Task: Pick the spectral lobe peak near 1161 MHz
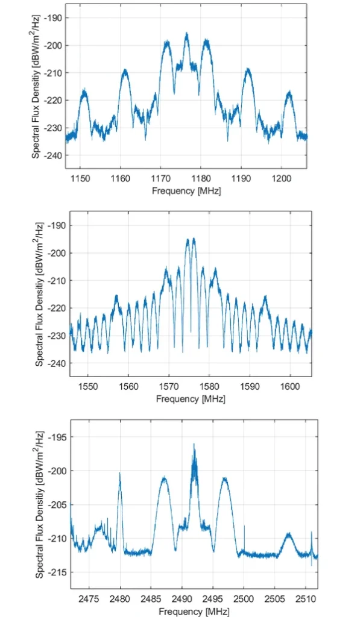point(125,70)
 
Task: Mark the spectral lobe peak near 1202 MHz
point(289,92)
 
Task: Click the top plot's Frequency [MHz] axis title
point(186,190)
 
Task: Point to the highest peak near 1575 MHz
point(194,239)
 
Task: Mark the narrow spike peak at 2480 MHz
point(120,474)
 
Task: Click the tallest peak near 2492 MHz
point(194,445)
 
